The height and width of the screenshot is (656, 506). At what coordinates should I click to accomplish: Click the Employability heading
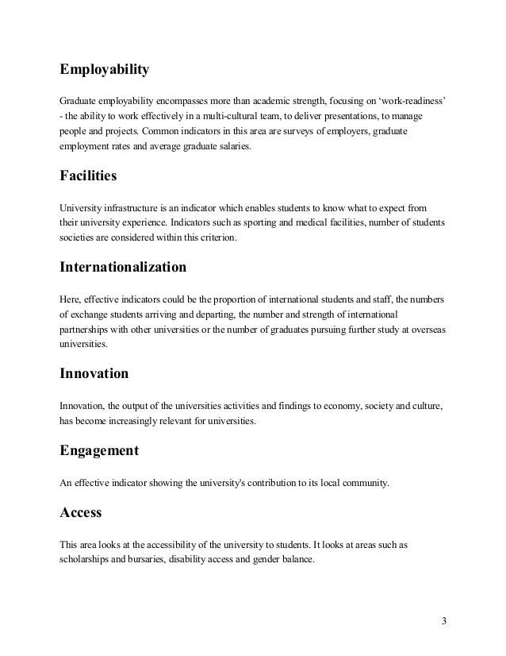point(104,71)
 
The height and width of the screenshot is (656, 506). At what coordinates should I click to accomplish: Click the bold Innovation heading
point(94,372)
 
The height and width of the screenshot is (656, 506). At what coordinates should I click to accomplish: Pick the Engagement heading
point(99,450)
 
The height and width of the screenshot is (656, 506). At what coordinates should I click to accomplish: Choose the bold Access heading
point(81,513)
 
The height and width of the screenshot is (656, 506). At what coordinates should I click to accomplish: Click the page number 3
point(443,619)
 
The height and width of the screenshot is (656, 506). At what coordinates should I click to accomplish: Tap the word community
point(366,482)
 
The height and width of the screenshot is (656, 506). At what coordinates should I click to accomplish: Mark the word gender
point(265,558)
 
